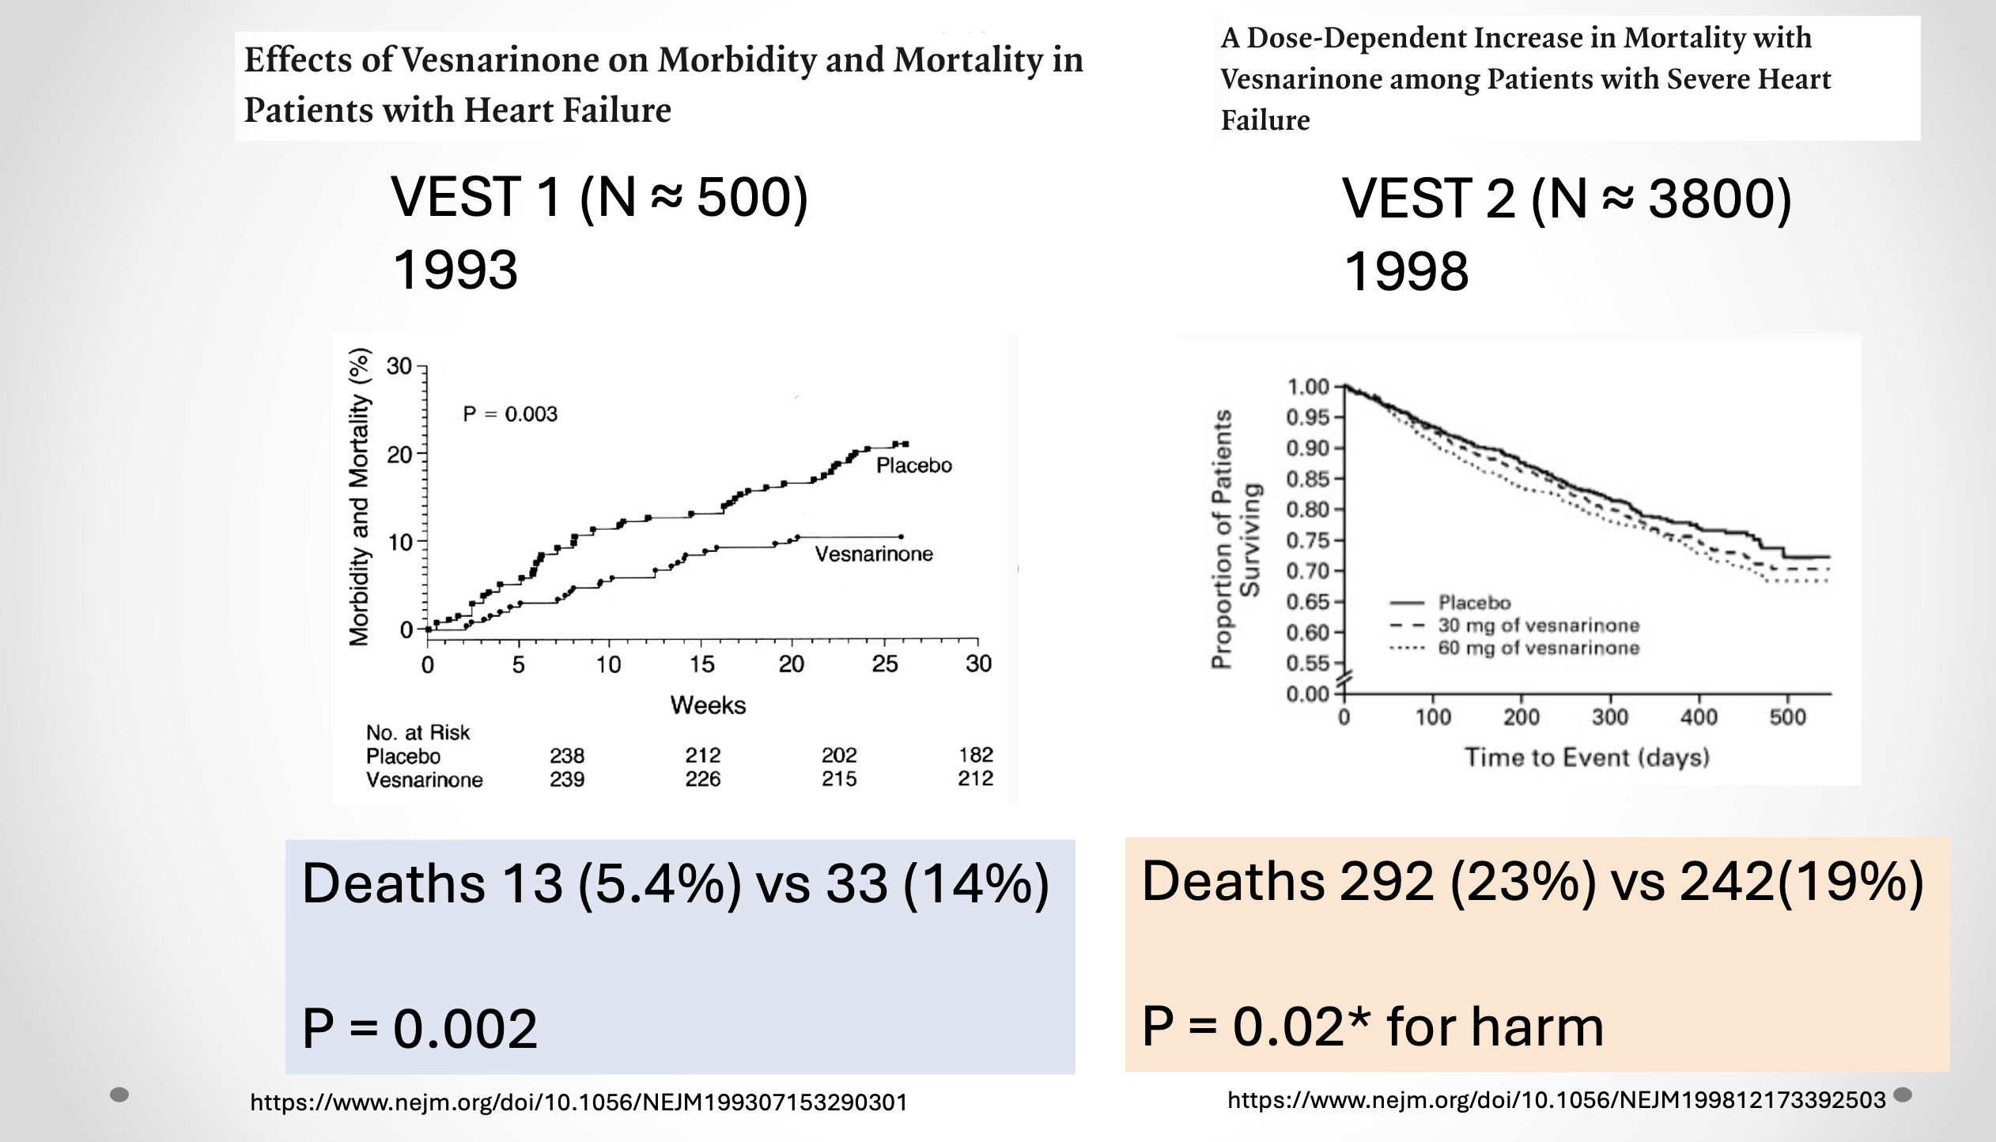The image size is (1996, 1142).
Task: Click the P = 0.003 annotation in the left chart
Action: pyautogui.click(x=510, y=414)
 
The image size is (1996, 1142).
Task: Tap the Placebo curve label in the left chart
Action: pyautogui.click(x=913, y=466)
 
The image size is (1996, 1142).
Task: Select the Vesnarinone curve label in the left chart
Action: pyautogui.click(x=874, y=554)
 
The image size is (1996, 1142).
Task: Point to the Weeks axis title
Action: pyautogui.click(x=708, y=705)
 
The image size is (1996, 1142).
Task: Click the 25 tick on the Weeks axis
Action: pyautogui.click(x=885, y=664)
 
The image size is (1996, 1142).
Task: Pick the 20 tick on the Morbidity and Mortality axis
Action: pyautogui.click(x=399, y=455)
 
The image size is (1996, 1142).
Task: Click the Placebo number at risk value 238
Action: pyautogui.click(x=567, y=756)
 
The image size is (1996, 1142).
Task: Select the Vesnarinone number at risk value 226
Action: pyautogui.click(x=702, y=780)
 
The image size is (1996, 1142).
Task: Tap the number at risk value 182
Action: pyautogui.click(x=975, y=756)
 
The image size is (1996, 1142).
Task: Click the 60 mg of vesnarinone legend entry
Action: pyautogui.click(x=1538, y=649)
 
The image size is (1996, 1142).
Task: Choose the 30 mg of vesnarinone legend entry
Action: pyautogui.click(x=1538, y=626)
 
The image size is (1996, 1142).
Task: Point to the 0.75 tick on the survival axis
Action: pyautogui.click(x=1307, y=541)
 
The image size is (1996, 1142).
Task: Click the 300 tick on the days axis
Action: pyautogui.click(x=1610, y=718)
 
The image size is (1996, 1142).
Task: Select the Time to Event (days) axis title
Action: pyautogui.click(x=1586, y=758)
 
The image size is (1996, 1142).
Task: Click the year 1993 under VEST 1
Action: pyautogui.click(x=456, y=270)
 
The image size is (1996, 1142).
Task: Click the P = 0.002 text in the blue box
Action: pyautogui.click(x=420, y=1029)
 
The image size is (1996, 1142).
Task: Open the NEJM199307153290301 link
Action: pyautogui.click(x=579, y=1102)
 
